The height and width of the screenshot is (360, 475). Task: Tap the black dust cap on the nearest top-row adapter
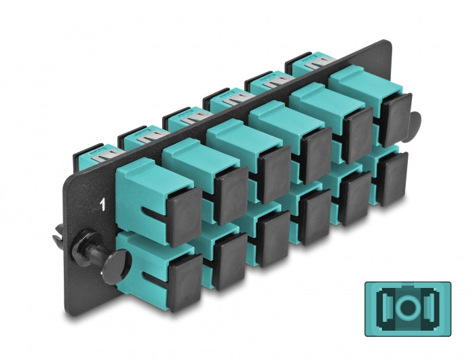[184, 216]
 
